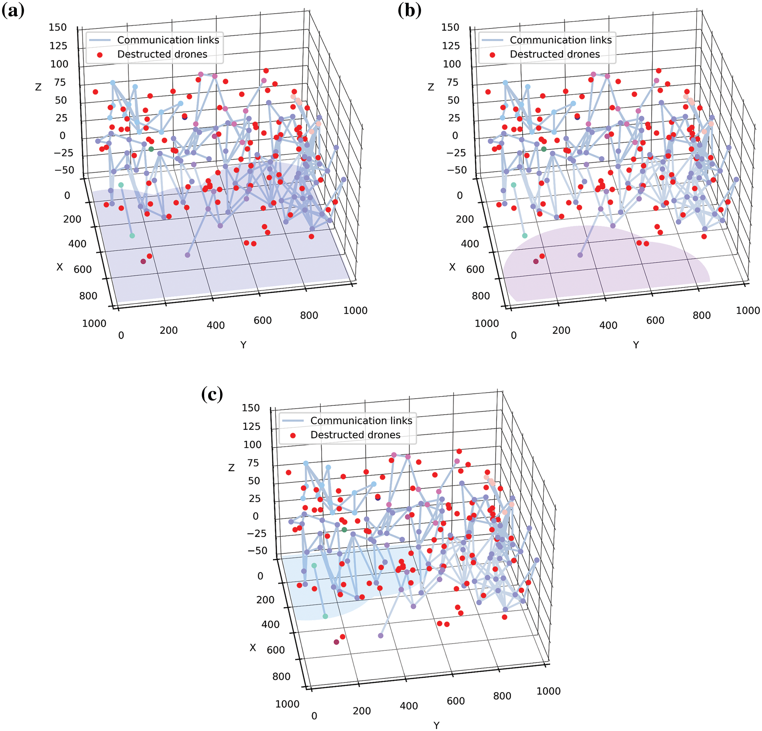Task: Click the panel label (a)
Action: [13, 10]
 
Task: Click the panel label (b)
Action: [409, 10]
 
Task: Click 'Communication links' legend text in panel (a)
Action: [168, 40]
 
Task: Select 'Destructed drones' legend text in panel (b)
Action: [555, 54]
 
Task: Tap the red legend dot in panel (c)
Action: [293, 435]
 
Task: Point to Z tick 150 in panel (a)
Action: [58, 27]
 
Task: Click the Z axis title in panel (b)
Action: [431, 87]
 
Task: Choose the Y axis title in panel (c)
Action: [436, 725]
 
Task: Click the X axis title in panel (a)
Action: [60, 267]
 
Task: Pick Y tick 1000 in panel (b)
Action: [748, 310]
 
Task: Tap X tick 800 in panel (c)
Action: [281, 676]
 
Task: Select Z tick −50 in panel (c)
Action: [257, 551]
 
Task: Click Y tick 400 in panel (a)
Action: [215, 325]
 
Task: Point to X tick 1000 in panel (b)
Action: [486, 324]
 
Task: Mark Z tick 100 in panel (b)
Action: [452, 64]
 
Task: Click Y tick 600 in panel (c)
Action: [456, 701]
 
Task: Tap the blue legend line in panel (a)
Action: [99, 40]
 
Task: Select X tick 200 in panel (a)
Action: [72, 219]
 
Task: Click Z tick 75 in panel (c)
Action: [253, 463]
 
